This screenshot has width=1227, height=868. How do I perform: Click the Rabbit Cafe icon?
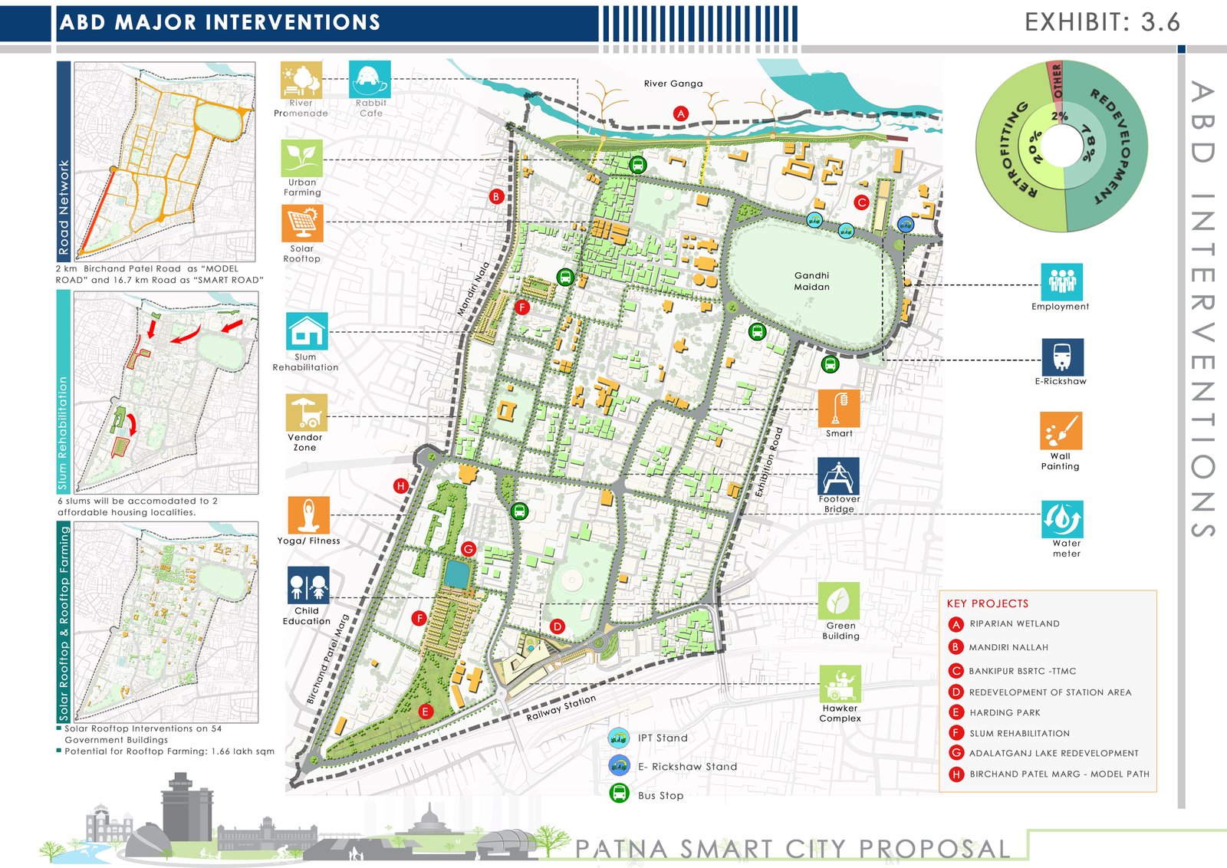pyautogui.click(x=370, y=79)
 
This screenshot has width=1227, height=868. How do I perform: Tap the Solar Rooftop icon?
pyautogui.click(x=302, y=224)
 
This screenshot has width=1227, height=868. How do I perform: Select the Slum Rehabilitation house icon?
pyautogui.click(x=307, y=331)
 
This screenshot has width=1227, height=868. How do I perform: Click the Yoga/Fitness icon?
pyautogui.click(x=308, y=515)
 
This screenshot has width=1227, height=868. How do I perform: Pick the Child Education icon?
pyautogui.click(x=308, y=586)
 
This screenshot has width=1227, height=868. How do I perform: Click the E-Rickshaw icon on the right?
pyautogui.click(x=1062, y=357)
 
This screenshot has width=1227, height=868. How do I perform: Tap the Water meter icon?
pyautogui.click(x=1062, y=519)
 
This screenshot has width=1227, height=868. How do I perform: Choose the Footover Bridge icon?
pyautogui.click(x=838, y=476)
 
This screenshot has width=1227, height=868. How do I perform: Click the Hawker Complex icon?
pyautogui.click(x=840, y=683)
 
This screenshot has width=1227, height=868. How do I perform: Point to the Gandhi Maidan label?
pyautogui.click(x=811, y=281)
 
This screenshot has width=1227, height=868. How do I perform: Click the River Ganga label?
pyautogui.click(x=673, y=84)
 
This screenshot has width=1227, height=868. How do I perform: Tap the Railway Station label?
pyautogui.click(x=561, y=708)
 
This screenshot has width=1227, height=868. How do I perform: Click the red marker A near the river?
pyautogui.click(x=680, y=113)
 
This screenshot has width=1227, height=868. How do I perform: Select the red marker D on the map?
pyautogui.click(x=558, y=626)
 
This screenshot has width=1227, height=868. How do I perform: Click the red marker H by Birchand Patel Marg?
pyautogui.click(x=400, y=485)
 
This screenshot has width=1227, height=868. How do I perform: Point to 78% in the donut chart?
pyautogui.click(x=1087, y=143)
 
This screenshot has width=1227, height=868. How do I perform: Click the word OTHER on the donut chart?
pyautogui.click(x=1058, y=81)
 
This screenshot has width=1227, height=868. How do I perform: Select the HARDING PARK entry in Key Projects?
pyautogui.click(x=1005, y=712)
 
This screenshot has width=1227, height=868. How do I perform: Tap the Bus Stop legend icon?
pyautogui.click(x=619, y=794)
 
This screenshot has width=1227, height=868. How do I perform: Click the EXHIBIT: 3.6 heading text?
pyautogui.click(x=1102, y=22)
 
